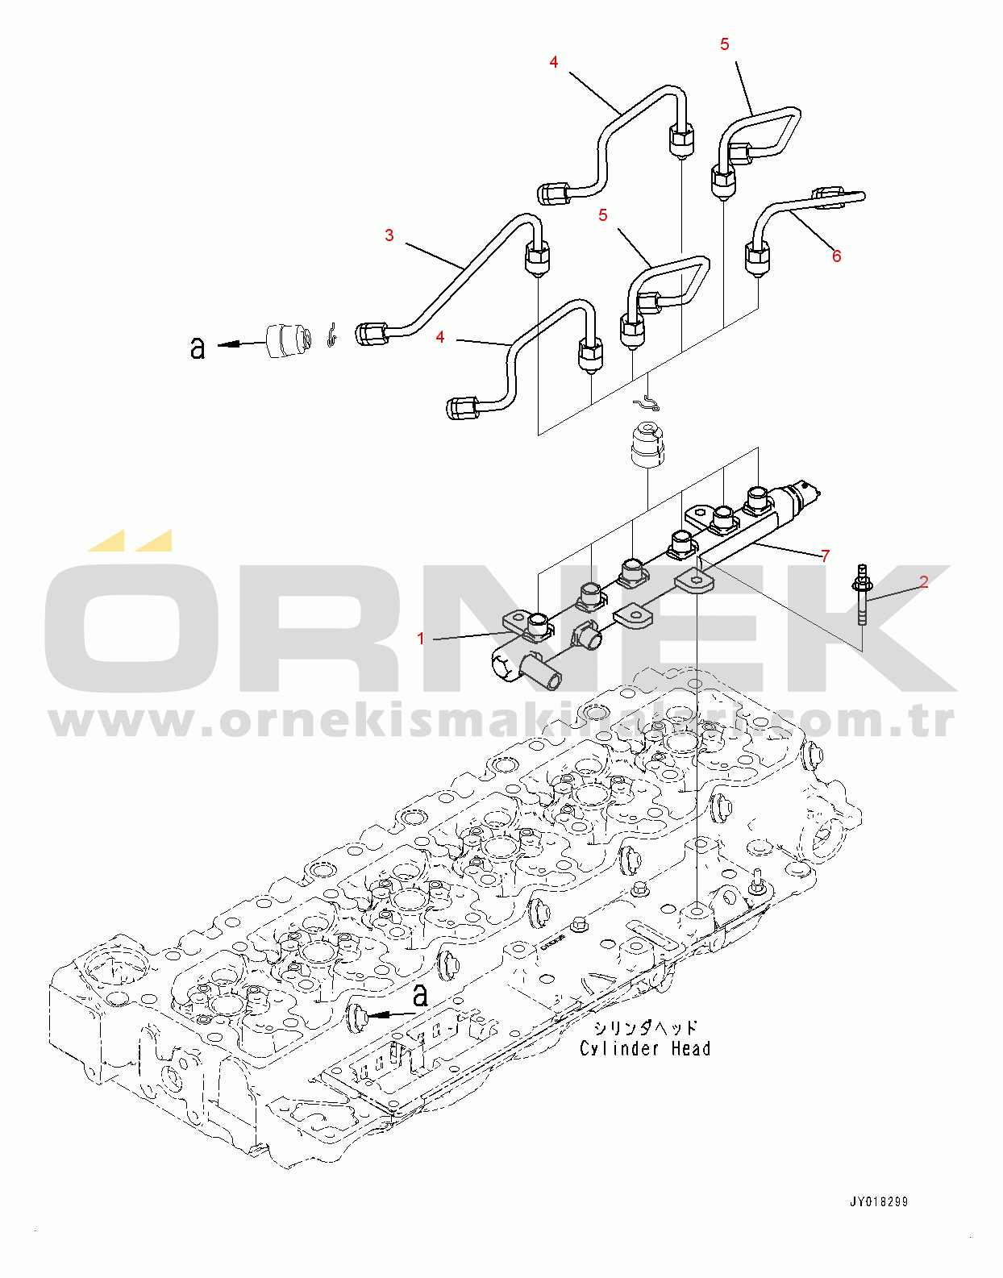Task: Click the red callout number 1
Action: pyautogui.click(x=420, y=639)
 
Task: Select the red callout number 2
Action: pyautogui.click(x=924, y=581)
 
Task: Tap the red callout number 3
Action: pyautogui.click(x=389, y=235)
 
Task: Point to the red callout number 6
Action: pyautogui.click(x=837, y=256)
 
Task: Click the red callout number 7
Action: pyautogui.click(x=825, y=556)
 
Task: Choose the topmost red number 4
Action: pyautogui.click(x=554, y=62)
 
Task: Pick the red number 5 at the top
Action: pyautogui.click(x=725, y=44)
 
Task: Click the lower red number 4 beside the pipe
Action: pyautogui.click(x=440, y=337)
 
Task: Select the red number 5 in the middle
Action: pyautogui.click(x=603, y=215)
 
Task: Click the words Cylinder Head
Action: pyautogui.click(x=645, y=1048)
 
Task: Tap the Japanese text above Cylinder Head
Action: pyautogui.click(x=645, y=1028)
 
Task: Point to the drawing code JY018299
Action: pyautogui.click(x=879, y=1201)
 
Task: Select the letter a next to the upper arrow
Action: pyautogui.click(x=198, y=347)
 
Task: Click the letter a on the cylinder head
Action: pyautogui.click(x=420, y=997)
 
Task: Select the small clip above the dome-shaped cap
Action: pyautogui.click(x=647, y=401)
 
